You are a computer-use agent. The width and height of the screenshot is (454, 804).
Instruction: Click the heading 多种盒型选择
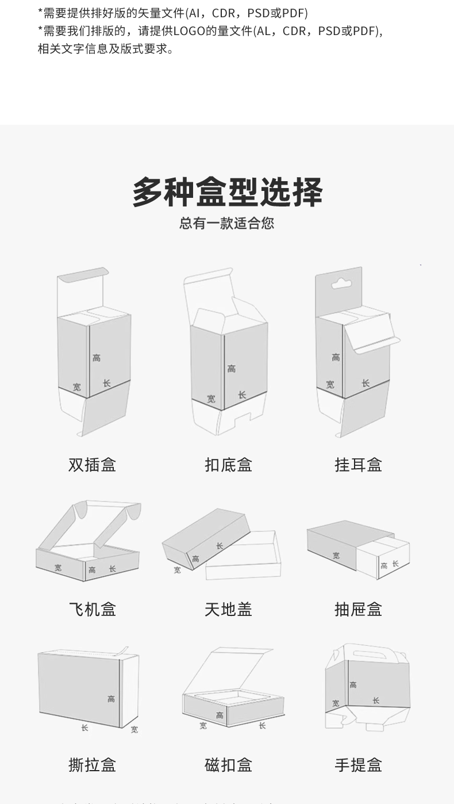coord(227,192)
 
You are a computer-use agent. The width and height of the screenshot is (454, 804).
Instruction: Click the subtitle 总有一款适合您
coord(227,223)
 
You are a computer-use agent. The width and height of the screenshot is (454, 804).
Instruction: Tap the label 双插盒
coord(93,465)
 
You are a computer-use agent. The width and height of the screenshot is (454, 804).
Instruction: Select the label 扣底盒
coord(228,465)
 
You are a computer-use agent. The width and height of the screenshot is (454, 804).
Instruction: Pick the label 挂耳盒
coord(359,465)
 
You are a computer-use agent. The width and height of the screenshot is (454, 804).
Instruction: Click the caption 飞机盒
coord(93,609)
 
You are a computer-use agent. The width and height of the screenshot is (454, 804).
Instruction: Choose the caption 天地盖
coord(228,609)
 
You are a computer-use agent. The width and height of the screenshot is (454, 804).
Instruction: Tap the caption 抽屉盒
coord(359,609)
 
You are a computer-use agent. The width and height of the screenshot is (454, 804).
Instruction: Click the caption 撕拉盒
coord(93,765)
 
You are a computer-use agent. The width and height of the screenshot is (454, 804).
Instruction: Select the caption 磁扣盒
coord(228,765)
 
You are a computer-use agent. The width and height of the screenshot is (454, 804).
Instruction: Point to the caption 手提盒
coord(359,765)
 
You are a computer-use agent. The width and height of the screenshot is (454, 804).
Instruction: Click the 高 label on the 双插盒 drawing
coord(97,358)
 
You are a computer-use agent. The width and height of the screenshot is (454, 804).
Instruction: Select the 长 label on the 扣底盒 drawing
coord(242,395)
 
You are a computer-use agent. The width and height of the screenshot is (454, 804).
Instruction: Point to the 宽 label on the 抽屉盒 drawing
coord(336,556)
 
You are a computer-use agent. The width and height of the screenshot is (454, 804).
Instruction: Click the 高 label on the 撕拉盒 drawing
coord(111,699)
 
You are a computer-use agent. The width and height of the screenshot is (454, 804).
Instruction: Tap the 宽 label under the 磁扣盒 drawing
coord(203,726)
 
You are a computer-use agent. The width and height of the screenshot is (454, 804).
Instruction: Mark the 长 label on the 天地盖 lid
coord(220,546)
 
